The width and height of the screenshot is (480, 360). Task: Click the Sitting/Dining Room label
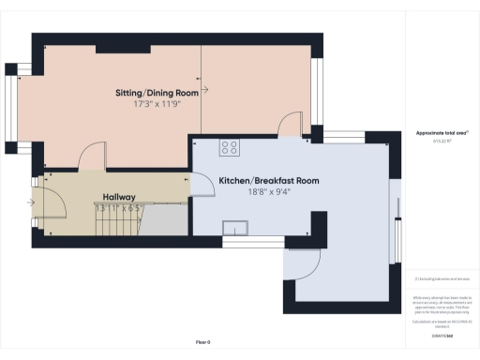(x=157, y=94)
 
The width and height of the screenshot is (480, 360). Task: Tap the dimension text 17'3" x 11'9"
(x=157, y=106)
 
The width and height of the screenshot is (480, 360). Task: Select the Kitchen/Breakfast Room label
(x=269, y=179)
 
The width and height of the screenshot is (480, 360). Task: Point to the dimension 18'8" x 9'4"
(x=269, y=192)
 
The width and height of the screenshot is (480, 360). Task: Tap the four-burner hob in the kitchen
(x=229, y=146)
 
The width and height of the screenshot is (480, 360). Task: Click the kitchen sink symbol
(x=234, y=226)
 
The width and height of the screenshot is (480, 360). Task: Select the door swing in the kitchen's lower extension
(x=308, y=263)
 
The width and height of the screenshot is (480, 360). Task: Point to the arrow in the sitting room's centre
(x=204, y=91)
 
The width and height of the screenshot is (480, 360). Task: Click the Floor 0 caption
(x=202, y=343)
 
